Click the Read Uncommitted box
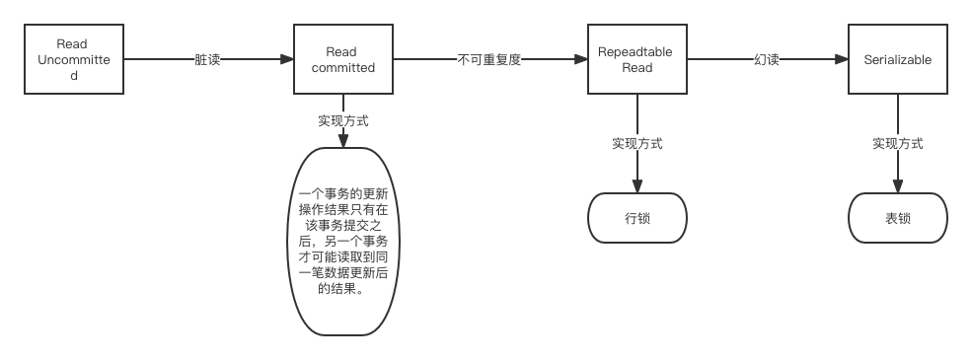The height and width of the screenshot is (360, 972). click(x=74, y=60)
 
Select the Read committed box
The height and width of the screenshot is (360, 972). click(x=342, y=60)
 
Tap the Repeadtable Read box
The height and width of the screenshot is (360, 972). click(x=636, y=60)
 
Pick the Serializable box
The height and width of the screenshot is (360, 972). click(x=897, y=60)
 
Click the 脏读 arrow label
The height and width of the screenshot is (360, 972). click(x=207, y=60)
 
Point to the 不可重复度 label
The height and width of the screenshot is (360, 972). click(x=488, y=60)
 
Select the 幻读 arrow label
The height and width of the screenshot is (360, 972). click(x=766, y=60)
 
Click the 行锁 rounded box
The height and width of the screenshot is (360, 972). click(x=636, y=218)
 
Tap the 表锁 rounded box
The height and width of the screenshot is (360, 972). click(x=897, y=218)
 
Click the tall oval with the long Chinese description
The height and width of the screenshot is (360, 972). click(x=342, y=241)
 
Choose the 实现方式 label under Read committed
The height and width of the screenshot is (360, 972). click(x=342, y=121)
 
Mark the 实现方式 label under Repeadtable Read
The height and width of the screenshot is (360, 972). click(x=636, y=144)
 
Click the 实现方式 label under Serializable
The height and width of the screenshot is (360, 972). click(x=897, y=144)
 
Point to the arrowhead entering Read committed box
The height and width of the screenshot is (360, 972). click(x=287, y=60)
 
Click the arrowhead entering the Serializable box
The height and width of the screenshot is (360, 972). click(x=842, y=60)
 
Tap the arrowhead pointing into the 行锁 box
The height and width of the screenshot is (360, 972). click(x=636, y=188)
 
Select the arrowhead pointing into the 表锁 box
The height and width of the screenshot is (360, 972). click(x=897, y=188)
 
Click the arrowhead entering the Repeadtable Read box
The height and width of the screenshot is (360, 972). click(x=581, y=60)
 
